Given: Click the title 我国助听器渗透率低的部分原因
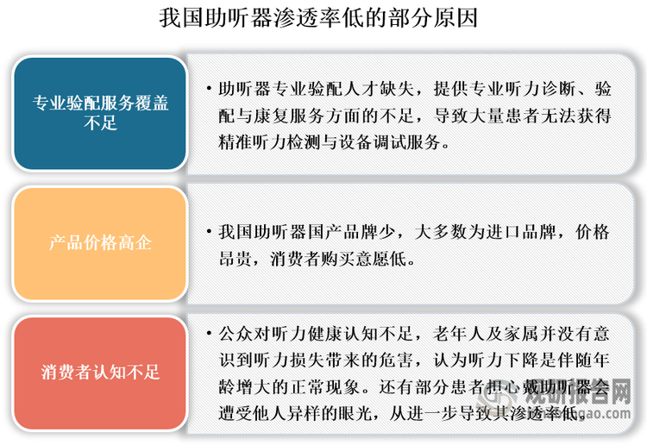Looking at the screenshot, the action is coord(318,18).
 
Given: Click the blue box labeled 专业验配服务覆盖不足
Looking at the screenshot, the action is coord(100,113).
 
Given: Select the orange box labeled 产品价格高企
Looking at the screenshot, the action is coord(100,243).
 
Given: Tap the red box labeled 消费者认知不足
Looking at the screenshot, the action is coord(100,373).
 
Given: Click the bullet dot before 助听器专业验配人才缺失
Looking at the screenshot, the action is coord(210,88).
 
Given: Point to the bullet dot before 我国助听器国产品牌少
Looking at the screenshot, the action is coord(210,231).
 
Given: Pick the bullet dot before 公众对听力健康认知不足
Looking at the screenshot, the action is coord(210,333).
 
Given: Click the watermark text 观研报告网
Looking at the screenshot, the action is coord(578,392).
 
